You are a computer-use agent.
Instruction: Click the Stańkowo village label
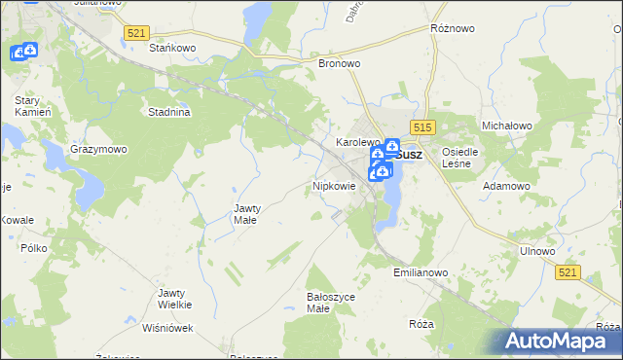[x=167, y=47]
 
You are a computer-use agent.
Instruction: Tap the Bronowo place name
[x=340, y=63]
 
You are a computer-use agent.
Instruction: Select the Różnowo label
[x=452, y=29]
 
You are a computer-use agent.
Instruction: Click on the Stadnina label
[x=168, y=112]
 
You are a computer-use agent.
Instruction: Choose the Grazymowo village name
[x=98, y=150]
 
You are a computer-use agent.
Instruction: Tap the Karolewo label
[x=357, y=142]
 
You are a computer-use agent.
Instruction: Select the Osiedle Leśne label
[x=458, y=158]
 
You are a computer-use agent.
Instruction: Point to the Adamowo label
[x=507, y=185]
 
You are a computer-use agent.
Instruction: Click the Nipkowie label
[x=334, y=185]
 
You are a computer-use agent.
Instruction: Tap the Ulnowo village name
[x=537, y=251]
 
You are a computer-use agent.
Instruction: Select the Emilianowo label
[x=421, y=273]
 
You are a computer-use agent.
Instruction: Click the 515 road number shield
[x=421, y=127]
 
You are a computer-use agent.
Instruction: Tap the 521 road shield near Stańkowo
[x=136, y=33]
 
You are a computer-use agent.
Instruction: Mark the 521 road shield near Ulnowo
[x=570, y=274]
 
